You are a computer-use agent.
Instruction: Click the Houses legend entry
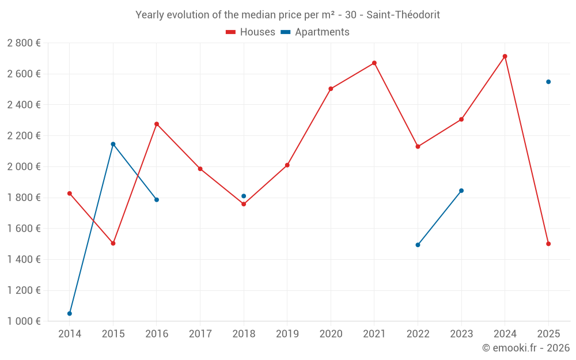(251, 32)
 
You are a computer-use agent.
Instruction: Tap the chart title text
(287, 15)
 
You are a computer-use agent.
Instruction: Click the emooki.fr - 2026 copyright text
(525, 347)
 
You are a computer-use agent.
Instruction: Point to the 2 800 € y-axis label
(24, 43)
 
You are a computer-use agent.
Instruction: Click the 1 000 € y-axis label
(24, 321)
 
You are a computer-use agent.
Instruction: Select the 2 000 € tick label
(24, 166)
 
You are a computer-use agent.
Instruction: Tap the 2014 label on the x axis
(70, 334)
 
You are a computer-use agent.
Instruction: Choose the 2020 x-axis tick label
(331, 334)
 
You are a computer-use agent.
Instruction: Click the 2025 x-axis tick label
(548, 334)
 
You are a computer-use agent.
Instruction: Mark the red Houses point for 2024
(505, 56)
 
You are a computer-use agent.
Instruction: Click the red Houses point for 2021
(374, 63)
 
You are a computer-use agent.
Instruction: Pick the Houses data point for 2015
(113, 243)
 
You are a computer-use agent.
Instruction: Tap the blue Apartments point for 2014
(70, 313)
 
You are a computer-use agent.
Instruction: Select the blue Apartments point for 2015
(113, 144)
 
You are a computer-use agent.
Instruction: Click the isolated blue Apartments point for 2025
(548, 82)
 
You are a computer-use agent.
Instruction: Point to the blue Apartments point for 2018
(244, 196)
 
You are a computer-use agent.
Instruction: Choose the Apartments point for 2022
(418, 245)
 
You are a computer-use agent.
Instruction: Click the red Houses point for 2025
(548, 244)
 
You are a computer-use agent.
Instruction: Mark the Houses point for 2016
(157, 124)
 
